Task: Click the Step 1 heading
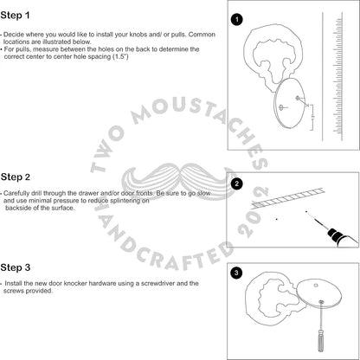coord(15,16)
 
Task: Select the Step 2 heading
coord(16,177)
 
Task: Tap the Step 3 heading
coord(16,267)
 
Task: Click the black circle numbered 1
coord(237,20)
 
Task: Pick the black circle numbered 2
coord(237,183)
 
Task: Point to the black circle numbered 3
coord(236,273)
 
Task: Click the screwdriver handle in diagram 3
coord(321,341)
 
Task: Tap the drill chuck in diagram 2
coord(335,234)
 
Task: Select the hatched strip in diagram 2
coord(287,198)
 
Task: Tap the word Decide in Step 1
coord(14,35)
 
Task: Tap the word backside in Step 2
coord(17,208)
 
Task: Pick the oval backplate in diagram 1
coord(289,103)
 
